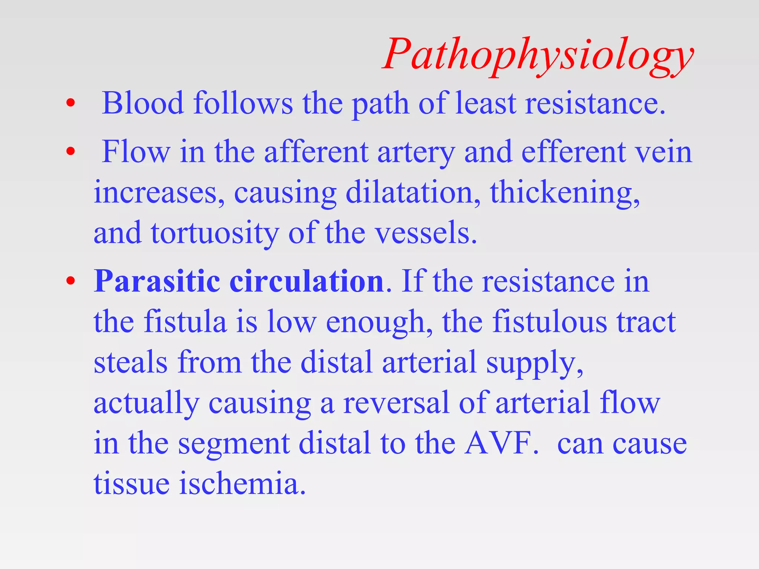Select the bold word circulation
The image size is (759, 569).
tap(306, 282)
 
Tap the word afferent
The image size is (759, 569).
tap(316, 152)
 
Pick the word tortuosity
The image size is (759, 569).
tap(215, 233)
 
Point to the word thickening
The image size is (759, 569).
tap(564, 193)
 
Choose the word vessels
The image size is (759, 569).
tap(426, 233)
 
